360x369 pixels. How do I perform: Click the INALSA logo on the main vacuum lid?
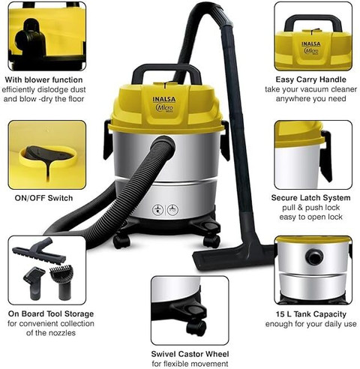tap(164, 99)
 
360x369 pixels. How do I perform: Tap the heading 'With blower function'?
tap(43, 80)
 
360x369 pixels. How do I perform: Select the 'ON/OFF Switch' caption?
tap(43, 198)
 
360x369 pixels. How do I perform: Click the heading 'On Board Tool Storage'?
tap(51, 313)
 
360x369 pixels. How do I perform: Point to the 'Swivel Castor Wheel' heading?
tap(190, 354)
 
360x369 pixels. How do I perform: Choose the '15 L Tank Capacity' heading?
tap(311, 314)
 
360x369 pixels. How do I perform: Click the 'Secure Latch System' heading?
tap(311, 198)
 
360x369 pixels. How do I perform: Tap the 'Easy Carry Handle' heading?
tap(311, 79)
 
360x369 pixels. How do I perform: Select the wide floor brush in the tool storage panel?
tap(39, 251)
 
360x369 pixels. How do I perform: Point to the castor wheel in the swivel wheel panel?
tap(196, 328)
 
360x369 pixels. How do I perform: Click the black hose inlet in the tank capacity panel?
tap(314, 256)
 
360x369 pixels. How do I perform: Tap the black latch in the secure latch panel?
tap(326, 155)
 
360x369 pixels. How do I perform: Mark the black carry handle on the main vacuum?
tap(167, 73)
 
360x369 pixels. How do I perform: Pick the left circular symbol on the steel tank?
tap(157, 210)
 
